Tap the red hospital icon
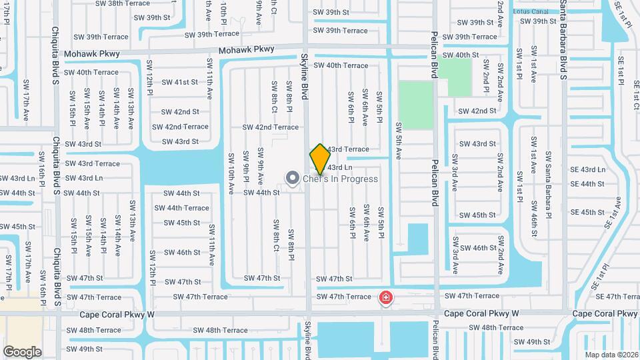(385, 297)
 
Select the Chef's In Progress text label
(340, 179)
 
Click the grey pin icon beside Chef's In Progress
(292, 178)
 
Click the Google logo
(22, 351)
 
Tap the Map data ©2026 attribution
(611, 355)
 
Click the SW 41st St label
(181, 82)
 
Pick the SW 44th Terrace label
(187, 208)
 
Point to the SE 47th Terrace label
(617, 297)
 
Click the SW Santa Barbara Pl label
(549, 183)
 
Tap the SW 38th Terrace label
(123, 3)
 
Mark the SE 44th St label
(587, 184)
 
